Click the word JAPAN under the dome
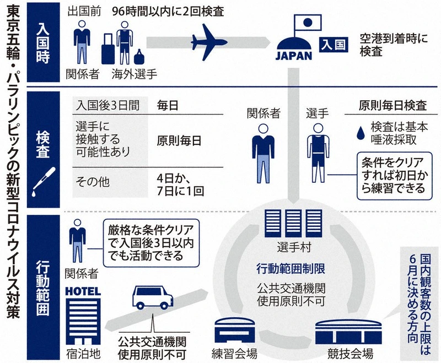(x=294, y=55)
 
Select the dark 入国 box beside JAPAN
(x=334, y=44)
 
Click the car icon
(x=152, y=300)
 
